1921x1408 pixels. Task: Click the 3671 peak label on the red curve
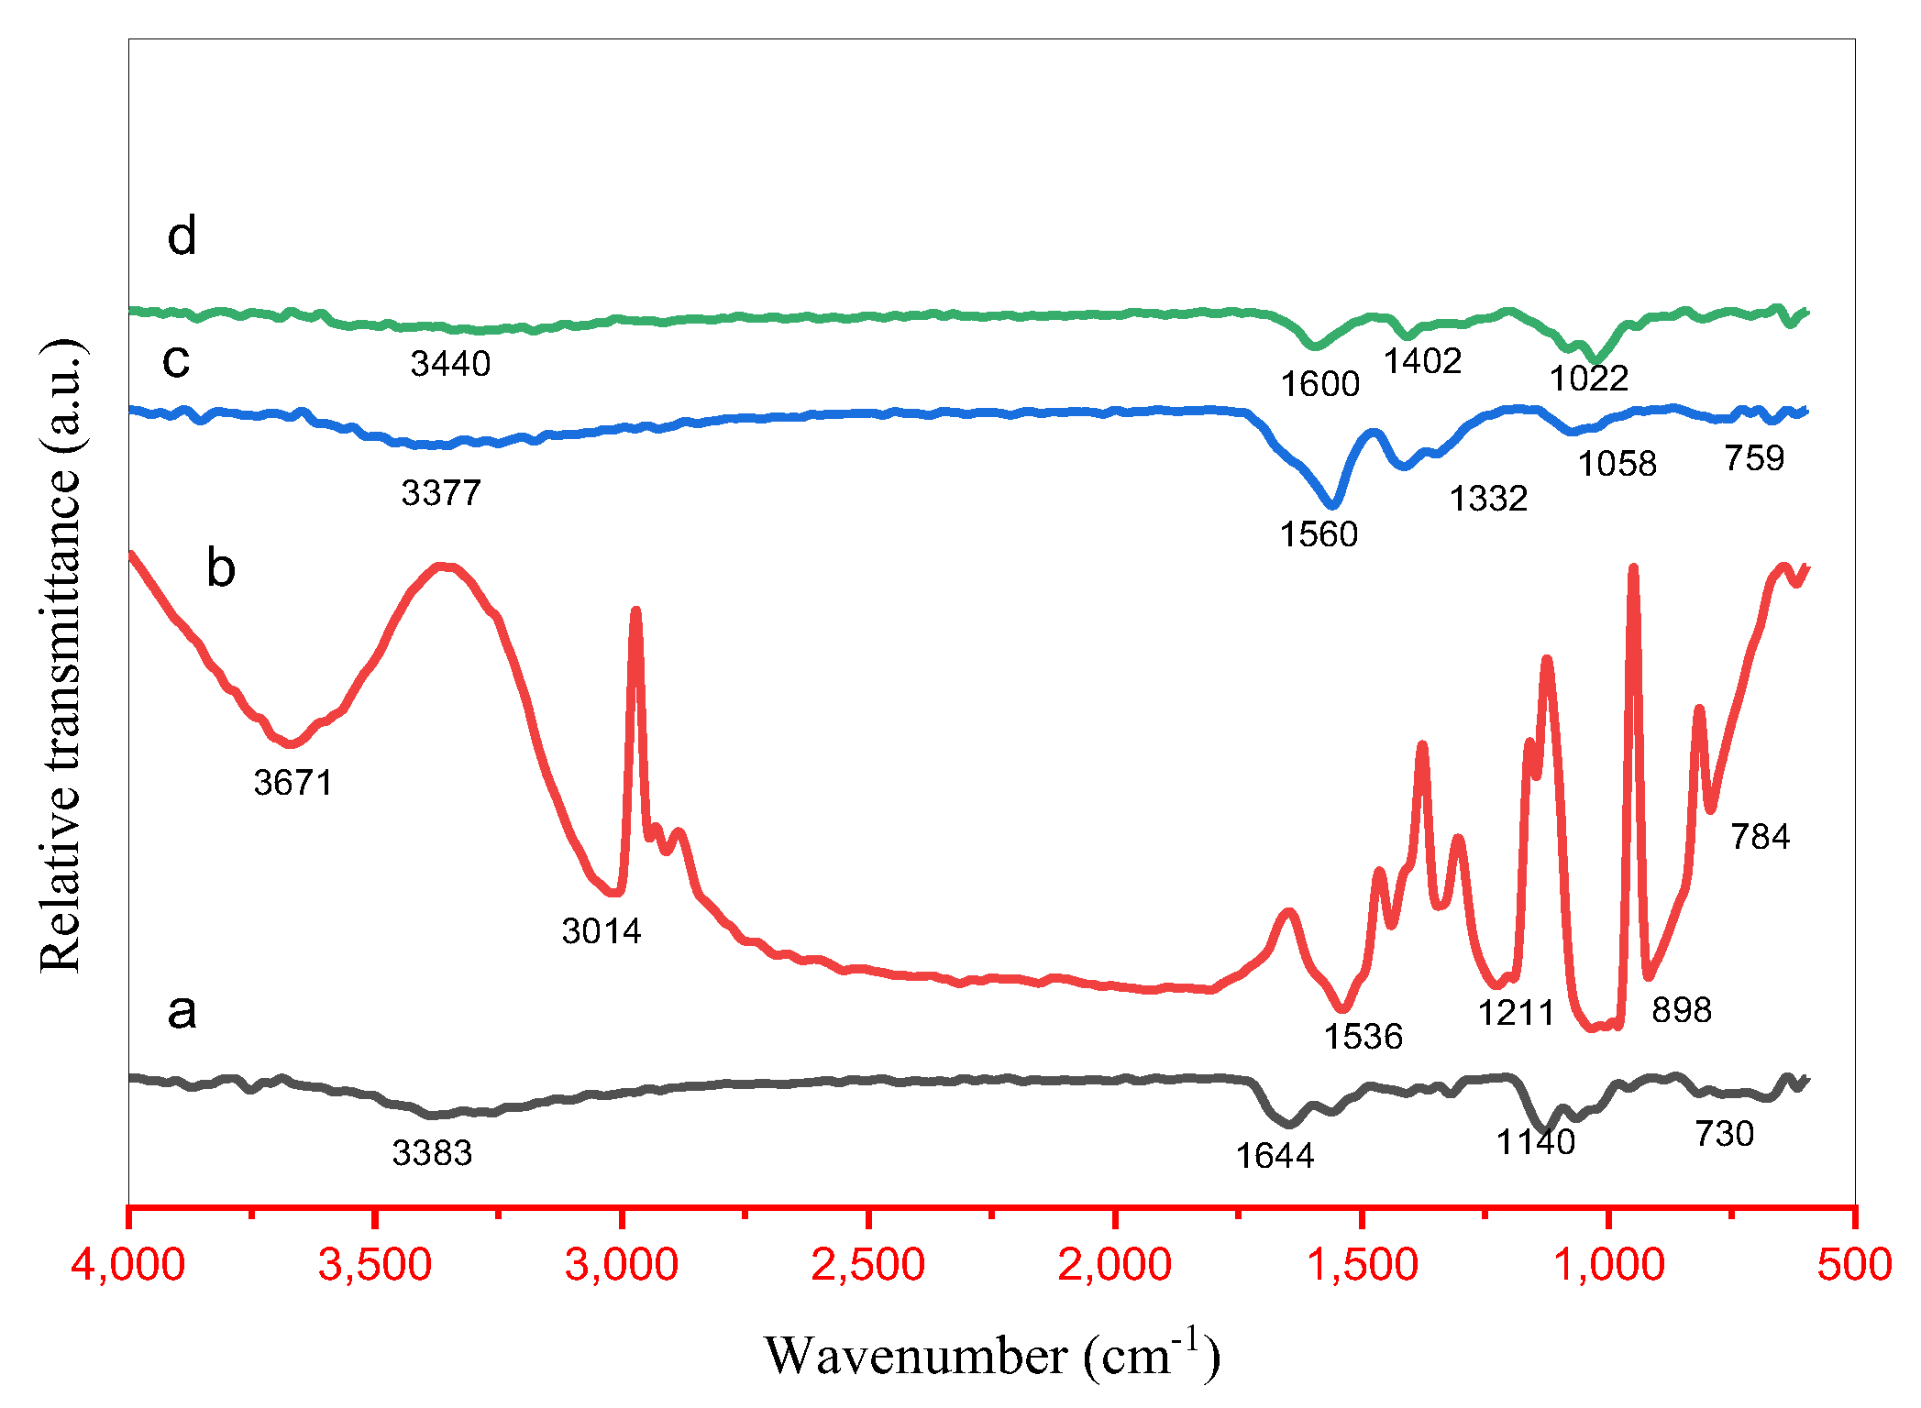click(293, 783)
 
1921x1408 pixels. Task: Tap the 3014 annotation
click(602, 931)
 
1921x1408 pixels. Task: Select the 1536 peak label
click(1363, 1037)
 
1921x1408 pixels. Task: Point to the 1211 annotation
click(1517, 1013)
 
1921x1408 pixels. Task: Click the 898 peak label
click(1682, 1010)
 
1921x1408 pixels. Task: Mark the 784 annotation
click(1760, 837)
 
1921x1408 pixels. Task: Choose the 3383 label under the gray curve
click(432, 1153)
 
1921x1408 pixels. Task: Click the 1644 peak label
click(1275, 1157)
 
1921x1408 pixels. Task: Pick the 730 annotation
click(1724, 1135)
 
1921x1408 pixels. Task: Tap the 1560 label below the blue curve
click(1319, 534)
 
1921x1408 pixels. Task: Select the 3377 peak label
click(441, 494)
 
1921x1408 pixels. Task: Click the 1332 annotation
click(1488, 499)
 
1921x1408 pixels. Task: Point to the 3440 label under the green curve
click(450, 365)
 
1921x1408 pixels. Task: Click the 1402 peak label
click(1422, 362)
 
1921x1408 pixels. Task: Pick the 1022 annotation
click(1588, 379)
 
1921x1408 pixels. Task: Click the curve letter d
click(182, 236)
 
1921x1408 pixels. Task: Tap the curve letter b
click(221, 568)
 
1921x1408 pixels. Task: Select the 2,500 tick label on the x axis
click(867, 1265)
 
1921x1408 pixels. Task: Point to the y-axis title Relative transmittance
click(61, 655)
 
